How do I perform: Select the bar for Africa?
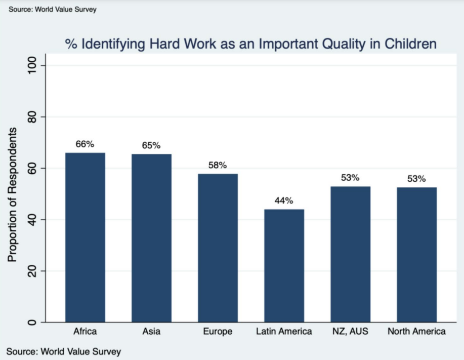(x=85, y=237)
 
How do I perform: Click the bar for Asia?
(x=151, y=238)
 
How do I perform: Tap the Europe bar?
(x=218, y=248)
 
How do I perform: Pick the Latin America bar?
(x=284, y=266)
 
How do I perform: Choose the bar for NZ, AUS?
(x=350, y=254)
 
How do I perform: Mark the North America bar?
(x=416, y=255)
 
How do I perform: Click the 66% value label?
(x=85, y=144)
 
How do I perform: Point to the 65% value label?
(x=151, y=145)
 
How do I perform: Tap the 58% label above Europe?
(x=218, y=165)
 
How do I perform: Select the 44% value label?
(x=284, y=201)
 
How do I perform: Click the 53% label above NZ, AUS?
(x=350, y=178)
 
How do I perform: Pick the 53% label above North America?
(x=416, y=179)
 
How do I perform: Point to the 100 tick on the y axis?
(x=32, y=65)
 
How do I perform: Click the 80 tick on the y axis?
(x=32, y=117)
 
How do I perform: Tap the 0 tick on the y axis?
(x=32, y=322)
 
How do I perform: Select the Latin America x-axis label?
(x=284, y=331)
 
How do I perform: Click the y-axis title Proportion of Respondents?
(x=12, y=194)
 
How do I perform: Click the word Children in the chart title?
(x=410, y=44)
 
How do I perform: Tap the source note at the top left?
(x=53, y=10)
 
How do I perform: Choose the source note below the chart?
(x=64, y=351)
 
